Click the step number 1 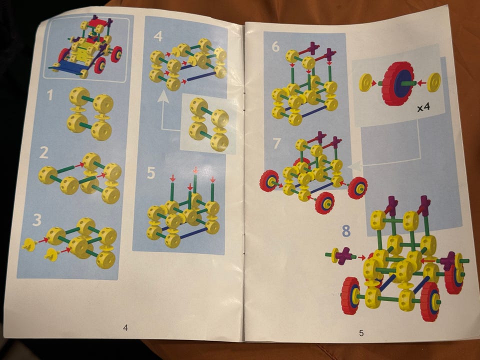tap(49, 95)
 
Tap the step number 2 tap(44, 152)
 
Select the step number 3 tap(36, 220)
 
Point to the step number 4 tap(158, 36)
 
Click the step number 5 tap(151, 173)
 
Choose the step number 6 tap(275, 46)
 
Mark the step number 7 tap(276, 143)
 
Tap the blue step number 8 tap(346, 231)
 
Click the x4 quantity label tap(423, 107)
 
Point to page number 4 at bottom tap(125, 327)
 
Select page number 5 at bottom tap(361, 333)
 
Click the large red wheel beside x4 tap(398, 83)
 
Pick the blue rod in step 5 tap(193, 233)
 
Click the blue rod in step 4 tap(201, 76)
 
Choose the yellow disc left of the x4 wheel tap(365, 82)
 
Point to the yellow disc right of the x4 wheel tap(434, 82)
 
